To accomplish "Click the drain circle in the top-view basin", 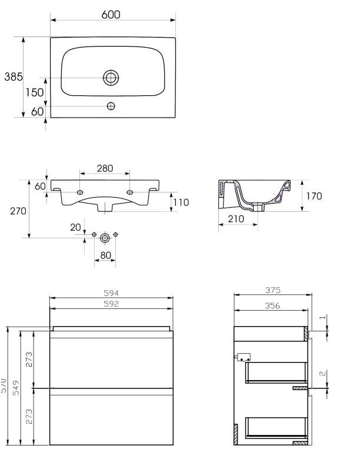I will pos(111,77).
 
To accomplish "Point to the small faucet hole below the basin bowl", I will pos(111,107).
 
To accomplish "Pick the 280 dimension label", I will pos(105,169).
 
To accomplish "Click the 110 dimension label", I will pos(180,202).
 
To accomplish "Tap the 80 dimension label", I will pos(106,256).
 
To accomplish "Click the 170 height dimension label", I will pos(314,196).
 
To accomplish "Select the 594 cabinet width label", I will pos(111,293).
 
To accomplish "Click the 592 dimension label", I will pos(111,304).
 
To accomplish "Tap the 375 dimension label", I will pos(271,290).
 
